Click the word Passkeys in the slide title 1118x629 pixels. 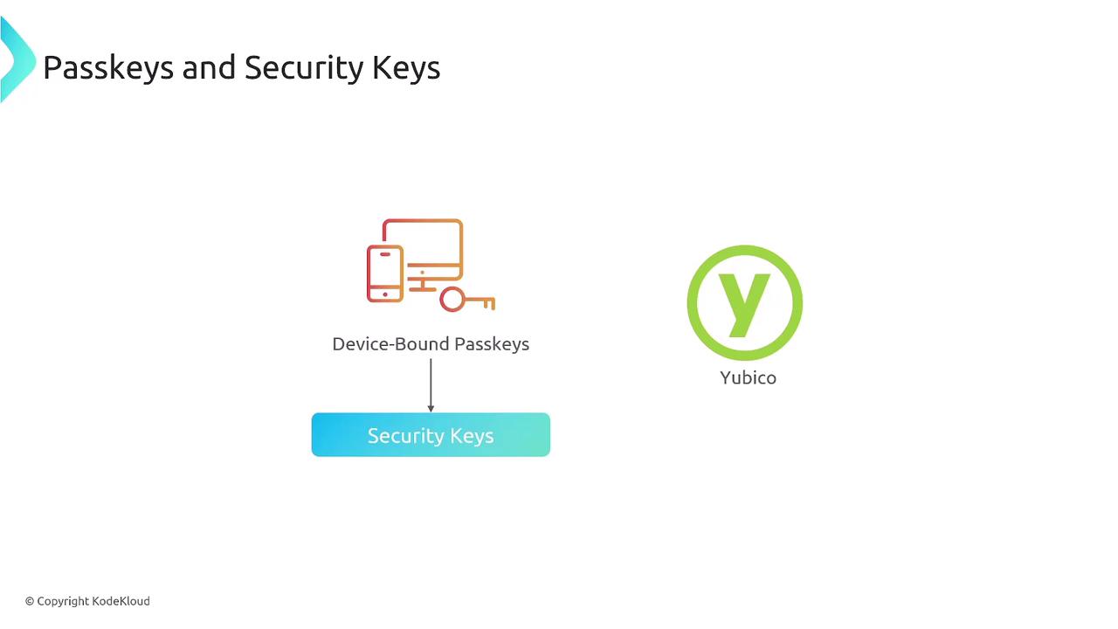tap(108, 68)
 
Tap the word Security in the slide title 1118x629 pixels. tap(303, 68)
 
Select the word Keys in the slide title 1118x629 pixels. tap(406, 68)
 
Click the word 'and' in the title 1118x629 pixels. tap(209, 68)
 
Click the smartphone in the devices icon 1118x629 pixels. tap(385, 273)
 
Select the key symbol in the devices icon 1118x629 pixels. tap(467, 300)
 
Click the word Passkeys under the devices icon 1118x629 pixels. tap(492, 344)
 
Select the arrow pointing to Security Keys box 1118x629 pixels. tap(431, 385)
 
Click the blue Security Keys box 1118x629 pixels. tap(431, 435)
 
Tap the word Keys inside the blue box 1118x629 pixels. tap(472, 436)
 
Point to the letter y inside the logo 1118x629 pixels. tap(743, 302)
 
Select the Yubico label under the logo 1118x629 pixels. tap(749, 378)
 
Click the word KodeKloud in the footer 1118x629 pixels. tap(121, 601)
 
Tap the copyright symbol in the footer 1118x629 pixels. tap(30, 602)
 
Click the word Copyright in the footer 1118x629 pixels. tap(63, 602)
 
